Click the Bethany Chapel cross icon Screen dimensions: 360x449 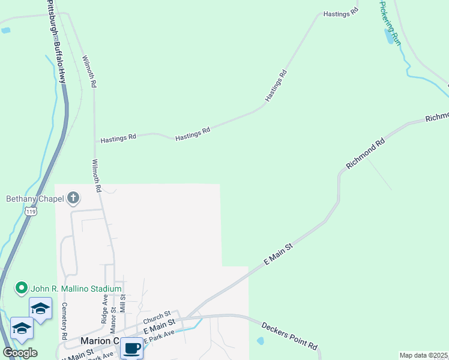73,197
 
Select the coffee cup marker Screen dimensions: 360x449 131,347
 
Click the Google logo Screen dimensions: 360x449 20,353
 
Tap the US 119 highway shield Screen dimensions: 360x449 31,211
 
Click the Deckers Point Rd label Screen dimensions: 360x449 289,335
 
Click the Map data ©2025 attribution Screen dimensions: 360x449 423,355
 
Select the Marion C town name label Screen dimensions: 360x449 99,341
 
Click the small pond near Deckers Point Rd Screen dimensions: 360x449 259,341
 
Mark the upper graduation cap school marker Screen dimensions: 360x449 40,308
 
